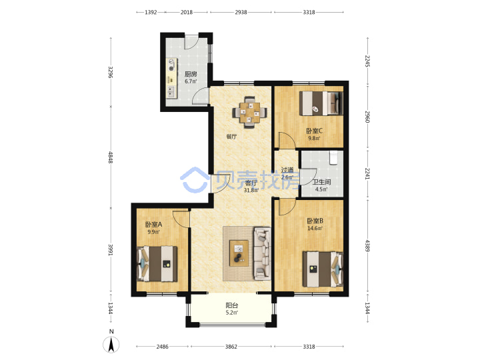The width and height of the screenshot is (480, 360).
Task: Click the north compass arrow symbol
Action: pos(111,345)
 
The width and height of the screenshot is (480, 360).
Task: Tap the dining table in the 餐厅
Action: pos(250,113)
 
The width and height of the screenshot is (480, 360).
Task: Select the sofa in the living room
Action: pos(262,253)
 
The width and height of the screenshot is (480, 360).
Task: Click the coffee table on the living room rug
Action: pos(239,253)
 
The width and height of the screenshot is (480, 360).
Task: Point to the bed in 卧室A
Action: pos(157,263)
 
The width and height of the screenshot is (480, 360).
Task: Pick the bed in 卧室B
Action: pos(323,269)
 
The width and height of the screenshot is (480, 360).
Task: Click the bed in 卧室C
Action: pos(321,103)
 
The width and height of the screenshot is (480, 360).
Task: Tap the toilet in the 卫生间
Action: pos(334,157)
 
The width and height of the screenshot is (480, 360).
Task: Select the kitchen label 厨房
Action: pos(191,74)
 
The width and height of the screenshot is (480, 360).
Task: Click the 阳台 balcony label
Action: pos(232,305)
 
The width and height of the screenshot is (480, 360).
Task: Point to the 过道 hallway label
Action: pos(287,169)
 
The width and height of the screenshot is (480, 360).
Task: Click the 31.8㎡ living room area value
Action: pos(251,191)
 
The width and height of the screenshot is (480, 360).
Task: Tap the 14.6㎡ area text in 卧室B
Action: pos(315,229)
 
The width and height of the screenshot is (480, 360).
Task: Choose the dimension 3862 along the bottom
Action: pos(231,347)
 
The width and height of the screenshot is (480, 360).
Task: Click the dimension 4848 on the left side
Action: pos(111,157)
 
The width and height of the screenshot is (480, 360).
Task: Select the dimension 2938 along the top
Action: pos(241,12)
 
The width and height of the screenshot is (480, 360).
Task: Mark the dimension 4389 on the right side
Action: pos(367,245)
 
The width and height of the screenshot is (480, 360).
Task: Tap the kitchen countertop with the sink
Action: pos(171,79)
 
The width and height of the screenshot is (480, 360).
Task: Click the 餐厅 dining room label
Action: pos(231,137)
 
